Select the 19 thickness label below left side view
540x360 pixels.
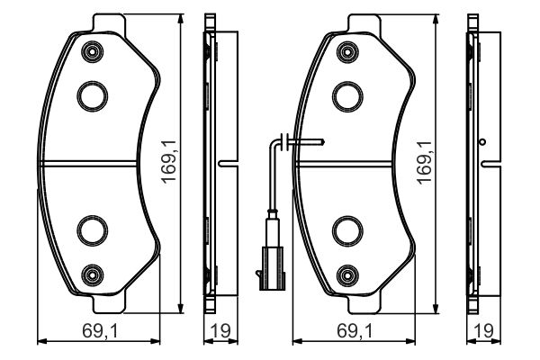[x=216, y=331]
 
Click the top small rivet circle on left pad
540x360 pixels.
[x=91, y=52]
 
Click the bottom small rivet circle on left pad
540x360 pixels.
[x=91, y=274]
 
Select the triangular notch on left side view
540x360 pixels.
[x=225, y=163]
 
